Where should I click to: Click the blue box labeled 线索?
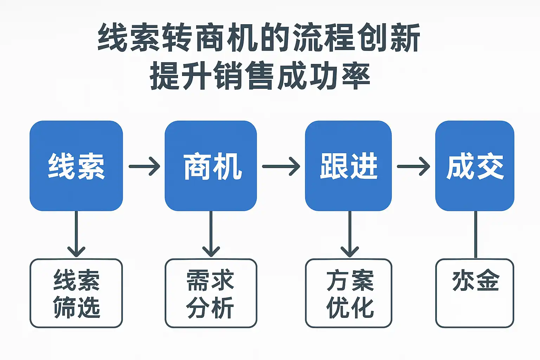coord(76,166)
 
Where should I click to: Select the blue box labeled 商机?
coord(211,166)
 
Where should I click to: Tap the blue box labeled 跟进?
coord(348,166)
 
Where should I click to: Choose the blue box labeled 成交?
coord(475,166)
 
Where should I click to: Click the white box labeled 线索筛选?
coord(76,294)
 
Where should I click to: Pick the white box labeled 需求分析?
coord(211,294)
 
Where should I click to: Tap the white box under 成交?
coord(475,294)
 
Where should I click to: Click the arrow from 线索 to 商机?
coord(144,166)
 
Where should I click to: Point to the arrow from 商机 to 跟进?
coord(281,166)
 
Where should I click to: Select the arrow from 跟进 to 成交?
coord(413,166)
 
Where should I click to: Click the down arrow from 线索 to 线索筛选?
coord(76,234)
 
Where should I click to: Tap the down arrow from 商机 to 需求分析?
coord(211,234)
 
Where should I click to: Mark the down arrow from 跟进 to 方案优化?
coord(349,234)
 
